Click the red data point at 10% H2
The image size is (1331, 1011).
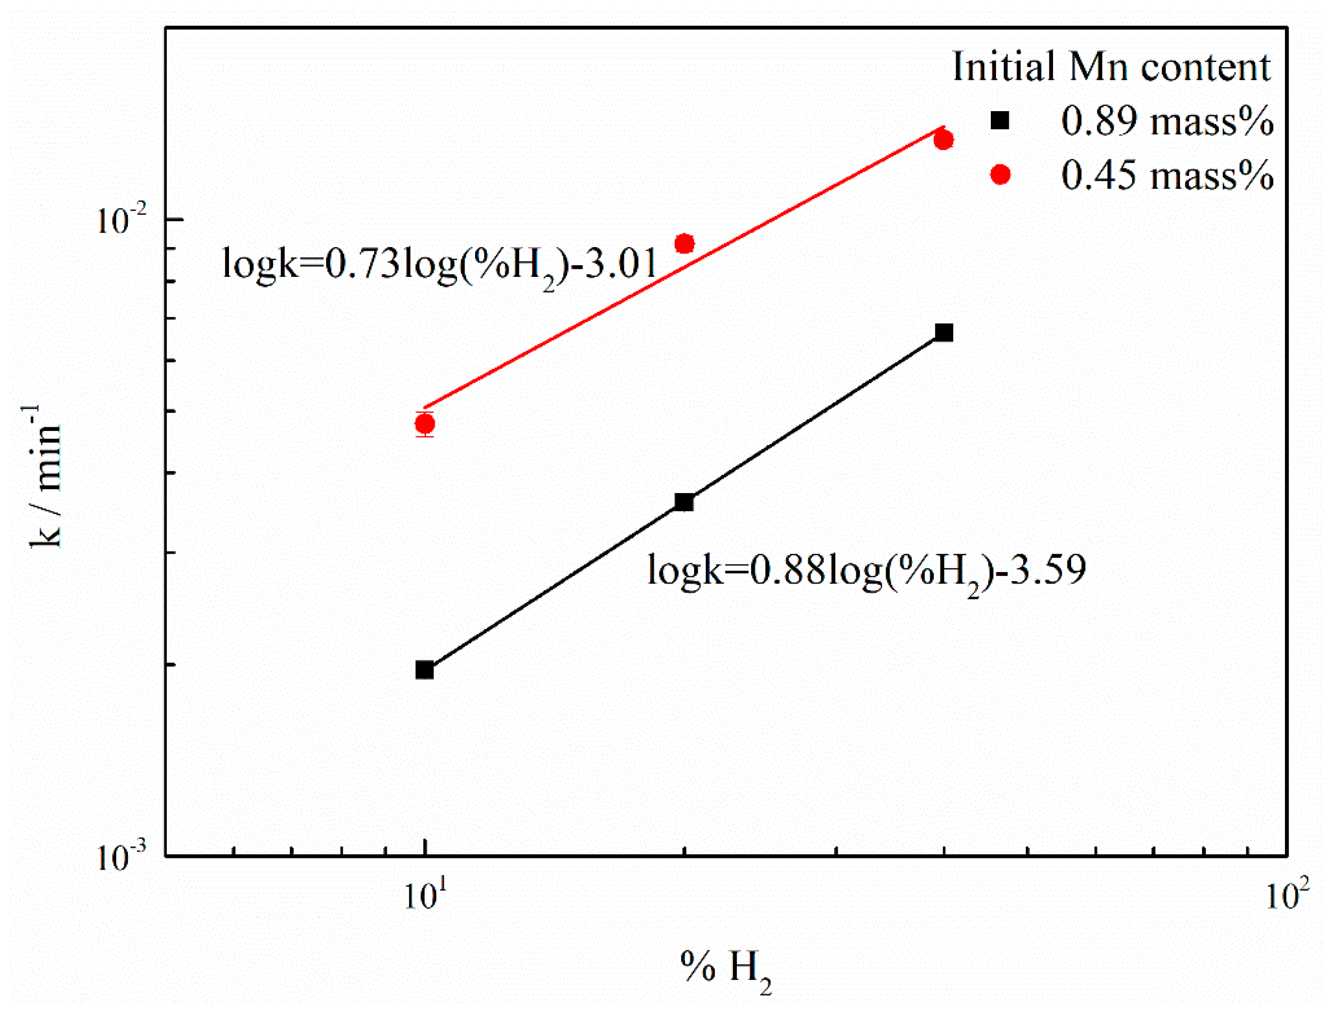pos(425,424)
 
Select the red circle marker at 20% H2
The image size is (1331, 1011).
pos(684,244)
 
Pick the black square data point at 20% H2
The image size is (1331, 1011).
pos(684,502)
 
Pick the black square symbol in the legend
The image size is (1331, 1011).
pos(1000,121)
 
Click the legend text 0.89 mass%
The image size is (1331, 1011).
pos(1167,121)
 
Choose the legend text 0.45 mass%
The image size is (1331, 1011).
pos(1167,176)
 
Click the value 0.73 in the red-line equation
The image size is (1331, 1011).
pos(362,264)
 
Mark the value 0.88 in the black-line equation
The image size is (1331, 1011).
pos(788,569)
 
